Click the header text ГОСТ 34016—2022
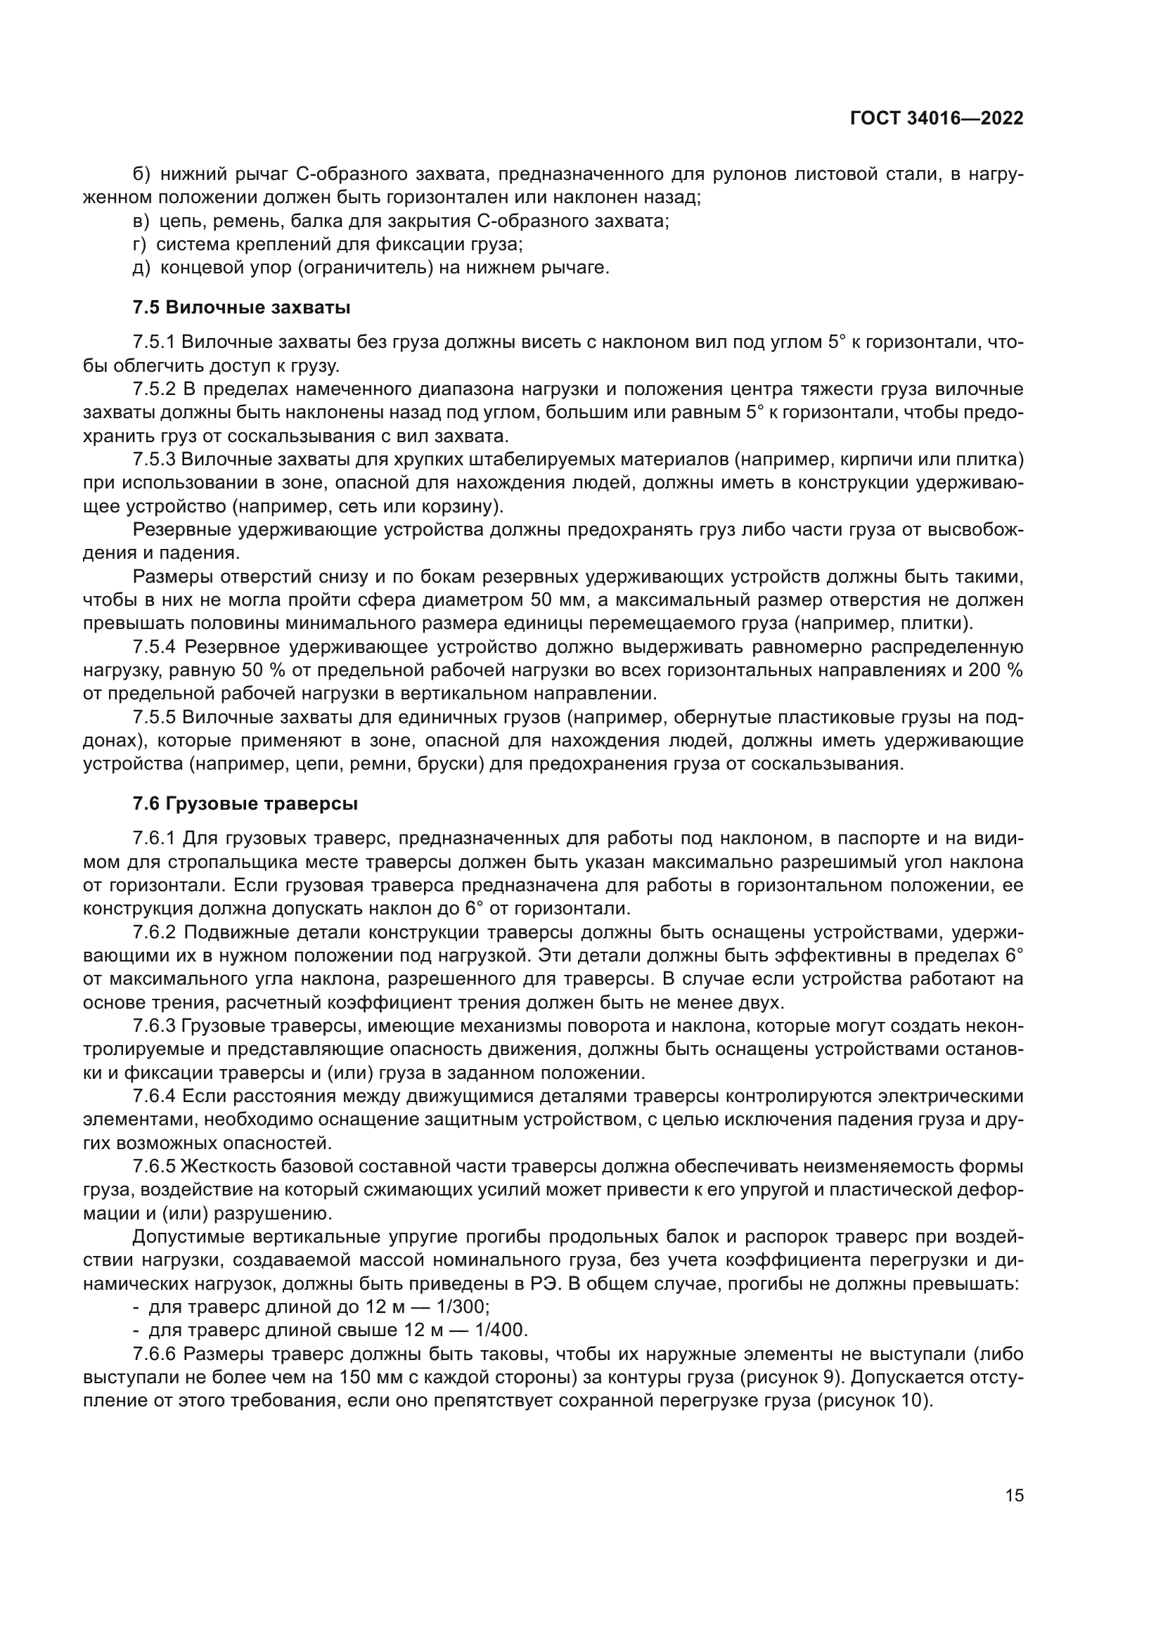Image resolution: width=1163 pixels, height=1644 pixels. point(937,119)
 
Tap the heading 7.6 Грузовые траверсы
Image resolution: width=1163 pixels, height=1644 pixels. point(245,804)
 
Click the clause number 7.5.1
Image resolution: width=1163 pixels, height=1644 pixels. point(154,342)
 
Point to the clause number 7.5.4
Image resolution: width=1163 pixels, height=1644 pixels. point(154,647)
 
